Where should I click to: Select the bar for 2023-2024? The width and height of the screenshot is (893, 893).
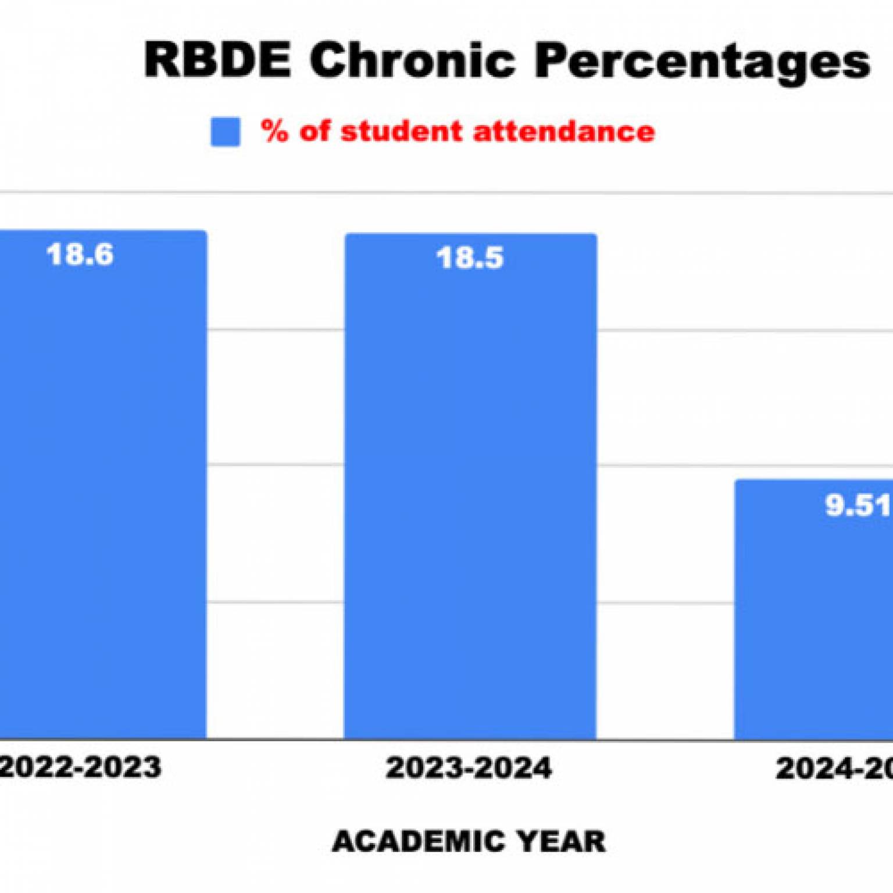(470, 494)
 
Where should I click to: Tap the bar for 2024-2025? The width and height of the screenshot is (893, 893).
(814, 616)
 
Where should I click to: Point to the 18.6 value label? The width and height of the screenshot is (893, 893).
(80, 255)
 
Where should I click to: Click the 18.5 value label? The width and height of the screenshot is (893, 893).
(470, 258)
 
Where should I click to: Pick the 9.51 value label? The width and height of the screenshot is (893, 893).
(858, 505)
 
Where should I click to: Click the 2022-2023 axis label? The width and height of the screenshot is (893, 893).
(80, 767)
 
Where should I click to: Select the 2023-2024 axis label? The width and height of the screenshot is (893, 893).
(469, 768)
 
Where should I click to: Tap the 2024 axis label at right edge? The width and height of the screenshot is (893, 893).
(834, 769)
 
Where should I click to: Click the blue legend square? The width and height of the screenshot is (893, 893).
(226, 132)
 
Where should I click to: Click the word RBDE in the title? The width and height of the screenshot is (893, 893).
(217, 60)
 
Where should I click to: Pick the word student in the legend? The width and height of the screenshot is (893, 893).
(401, 131)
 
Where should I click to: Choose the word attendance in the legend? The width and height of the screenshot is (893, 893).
(564, 131)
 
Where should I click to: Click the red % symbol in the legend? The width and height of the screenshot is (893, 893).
(274, 131)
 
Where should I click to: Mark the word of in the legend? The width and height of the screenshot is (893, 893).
(315, 131)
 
